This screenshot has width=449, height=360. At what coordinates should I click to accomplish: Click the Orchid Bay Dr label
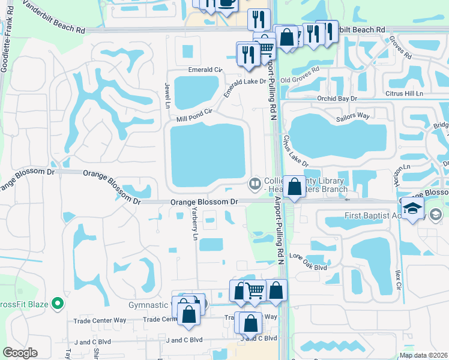pyautogui.click(x=337, y=98)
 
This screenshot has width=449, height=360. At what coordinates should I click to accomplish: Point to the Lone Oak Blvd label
pyautogui.click(x=308, y=262)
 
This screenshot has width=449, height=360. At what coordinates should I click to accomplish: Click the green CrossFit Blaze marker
pyautogui.click(x=58, y=304)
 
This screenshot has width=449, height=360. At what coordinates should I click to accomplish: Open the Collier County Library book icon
pyautogui.click(x=255, y=182)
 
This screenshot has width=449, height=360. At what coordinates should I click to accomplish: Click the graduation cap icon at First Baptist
pyautogui.click(x=413, y=209)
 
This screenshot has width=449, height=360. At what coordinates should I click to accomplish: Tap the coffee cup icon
pyautogui.click(x=226, y=3)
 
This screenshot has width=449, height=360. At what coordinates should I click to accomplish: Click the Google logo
pyautogui.click(x=20, y=353)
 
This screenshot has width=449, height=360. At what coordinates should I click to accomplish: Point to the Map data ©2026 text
pyautogui.click(x=423, y=355)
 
